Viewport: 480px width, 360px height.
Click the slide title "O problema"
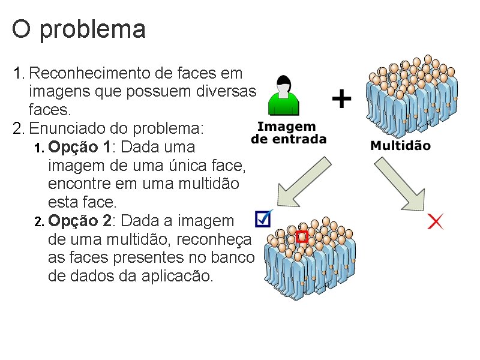(79, 29)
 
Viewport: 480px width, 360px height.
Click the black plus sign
(341, 98)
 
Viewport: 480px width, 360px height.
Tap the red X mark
(436, 221)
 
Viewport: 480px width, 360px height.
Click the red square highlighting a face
(302, 236)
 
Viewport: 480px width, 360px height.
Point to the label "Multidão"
(400, 146)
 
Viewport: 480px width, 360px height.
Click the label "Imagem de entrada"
(288, 133)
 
